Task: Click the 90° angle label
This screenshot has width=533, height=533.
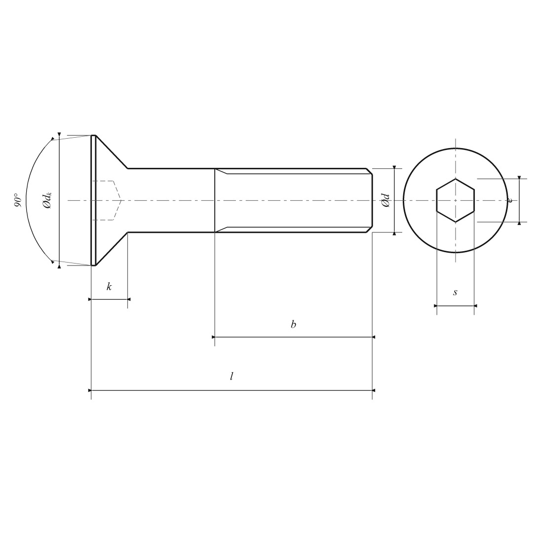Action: tap(18, 200)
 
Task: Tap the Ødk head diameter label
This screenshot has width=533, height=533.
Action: tap(47, 200)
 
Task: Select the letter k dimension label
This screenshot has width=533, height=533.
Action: tap(109, 287)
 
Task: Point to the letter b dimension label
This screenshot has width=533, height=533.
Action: tap(293, 324)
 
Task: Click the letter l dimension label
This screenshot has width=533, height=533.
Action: tap(231, 376)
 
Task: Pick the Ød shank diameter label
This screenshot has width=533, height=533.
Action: tap(386, 200)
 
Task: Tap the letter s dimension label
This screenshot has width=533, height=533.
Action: tap(455, 292)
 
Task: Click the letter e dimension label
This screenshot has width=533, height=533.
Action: tap(509, 200)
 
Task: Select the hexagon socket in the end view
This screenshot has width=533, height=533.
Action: tap(456, 200)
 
